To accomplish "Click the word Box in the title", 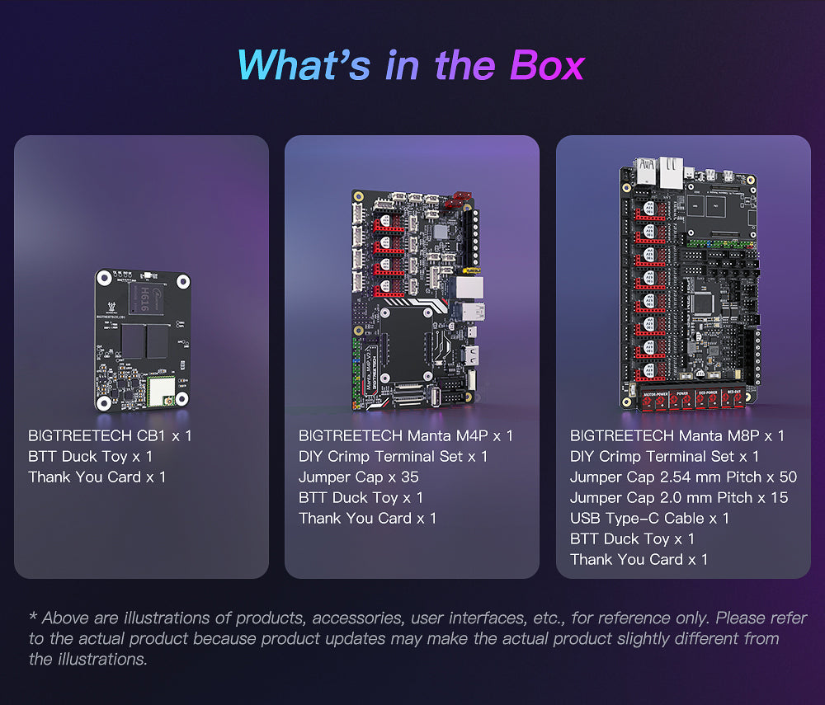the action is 547,66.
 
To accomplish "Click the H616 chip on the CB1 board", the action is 144,298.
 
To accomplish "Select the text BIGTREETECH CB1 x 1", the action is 110,436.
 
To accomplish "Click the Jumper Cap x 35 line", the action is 358,477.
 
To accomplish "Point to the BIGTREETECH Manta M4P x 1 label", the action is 405,436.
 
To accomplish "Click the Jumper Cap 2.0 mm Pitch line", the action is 679,498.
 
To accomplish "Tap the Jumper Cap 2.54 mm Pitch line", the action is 683,477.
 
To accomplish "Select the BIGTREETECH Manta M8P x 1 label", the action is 676,436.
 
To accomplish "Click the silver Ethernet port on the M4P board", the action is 469,288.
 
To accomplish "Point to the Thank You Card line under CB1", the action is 97,477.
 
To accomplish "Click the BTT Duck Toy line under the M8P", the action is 632,539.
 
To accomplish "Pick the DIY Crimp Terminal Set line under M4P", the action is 393,456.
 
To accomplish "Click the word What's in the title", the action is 304,66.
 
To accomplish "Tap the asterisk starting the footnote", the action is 33,615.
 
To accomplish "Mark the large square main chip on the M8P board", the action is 704,303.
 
